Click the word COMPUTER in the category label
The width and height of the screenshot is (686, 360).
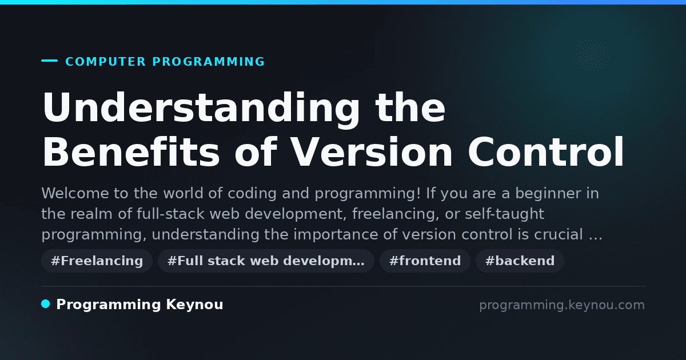click(x=105, y=62)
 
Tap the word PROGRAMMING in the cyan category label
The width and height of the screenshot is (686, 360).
click(x=208, y=62)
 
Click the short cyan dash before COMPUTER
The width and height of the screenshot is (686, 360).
click(x=49, y=61)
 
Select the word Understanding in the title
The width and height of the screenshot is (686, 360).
click(x=200, y=109)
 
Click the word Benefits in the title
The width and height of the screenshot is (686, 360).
click(x=131, y=152)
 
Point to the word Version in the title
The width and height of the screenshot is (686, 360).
click(x=372, y=152)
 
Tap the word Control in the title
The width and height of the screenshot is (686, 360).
click(x=545, y=152)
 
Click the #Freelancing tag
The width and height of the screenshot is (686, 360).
click(x=97, y=261)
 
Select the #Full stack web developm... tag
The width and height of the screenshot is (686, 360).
click(x=266, y=261)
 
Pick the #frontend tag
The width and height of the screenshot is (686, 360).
click(x=425, y=261)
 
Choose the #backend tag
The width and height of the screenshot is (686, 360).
click(x=520, y=261)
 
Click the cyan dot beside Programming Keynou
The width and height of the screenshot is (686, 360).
click(x=46, y=304)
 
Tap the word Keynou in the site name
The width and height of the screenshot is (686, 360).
click(x=194, y=305)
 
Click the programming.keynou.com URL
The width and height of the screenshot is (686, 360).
click(x=562, y=305)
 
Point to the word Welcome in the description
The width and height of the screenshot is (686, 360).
click(x=75, y=194)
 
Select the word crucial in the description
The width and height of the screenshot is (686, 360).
click(x=559, y=234)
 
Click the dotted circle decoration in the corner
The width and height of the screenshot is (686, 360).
click(x=591, y=56)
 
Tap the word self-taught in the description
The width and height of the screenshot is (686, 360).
click(x=504, y=214)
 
